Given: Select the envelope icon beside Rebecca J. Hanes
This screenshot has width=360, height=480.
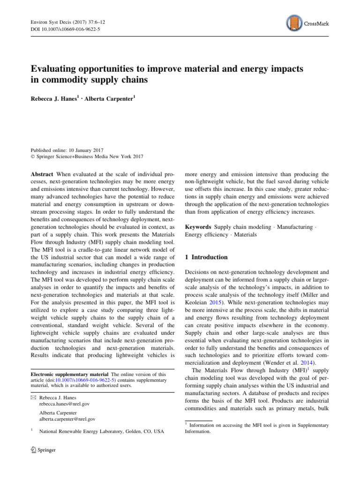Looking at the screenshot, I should pos(33,397).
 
